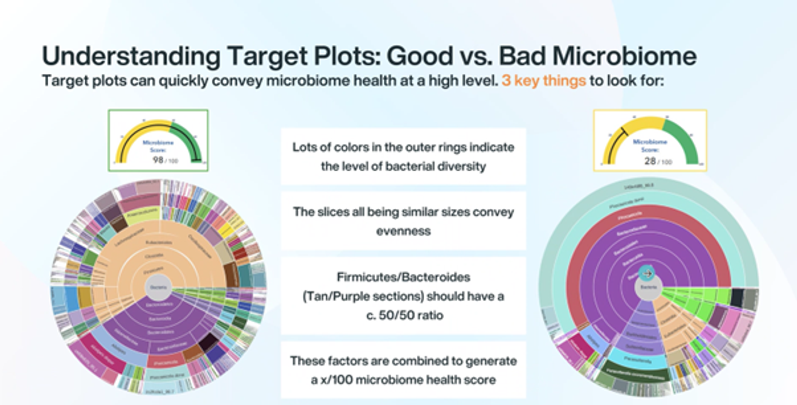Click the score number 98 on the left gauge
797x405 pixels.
coord(158,160)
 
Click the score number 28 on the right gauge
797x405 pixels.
coord(650,161)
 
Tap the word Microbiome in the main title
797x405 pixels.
coord(625,56)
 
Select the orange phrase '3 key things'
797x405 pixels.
coord(543,81)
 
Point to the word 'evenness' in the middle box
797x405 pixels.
coord(403,231)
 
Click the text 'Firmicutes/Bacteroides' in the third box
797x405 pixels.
coord(403,277)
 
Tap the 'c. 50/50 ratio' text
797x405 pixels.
coord(404,315)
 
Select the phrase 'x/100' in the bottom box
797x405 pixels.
coord(338,380)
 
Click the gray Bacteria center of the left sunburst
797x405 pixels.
coord(158,287)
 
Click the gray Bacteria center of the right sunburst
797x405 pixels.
coord(648,287)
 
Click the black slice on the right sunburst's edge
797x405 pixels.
coord(737,297)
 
